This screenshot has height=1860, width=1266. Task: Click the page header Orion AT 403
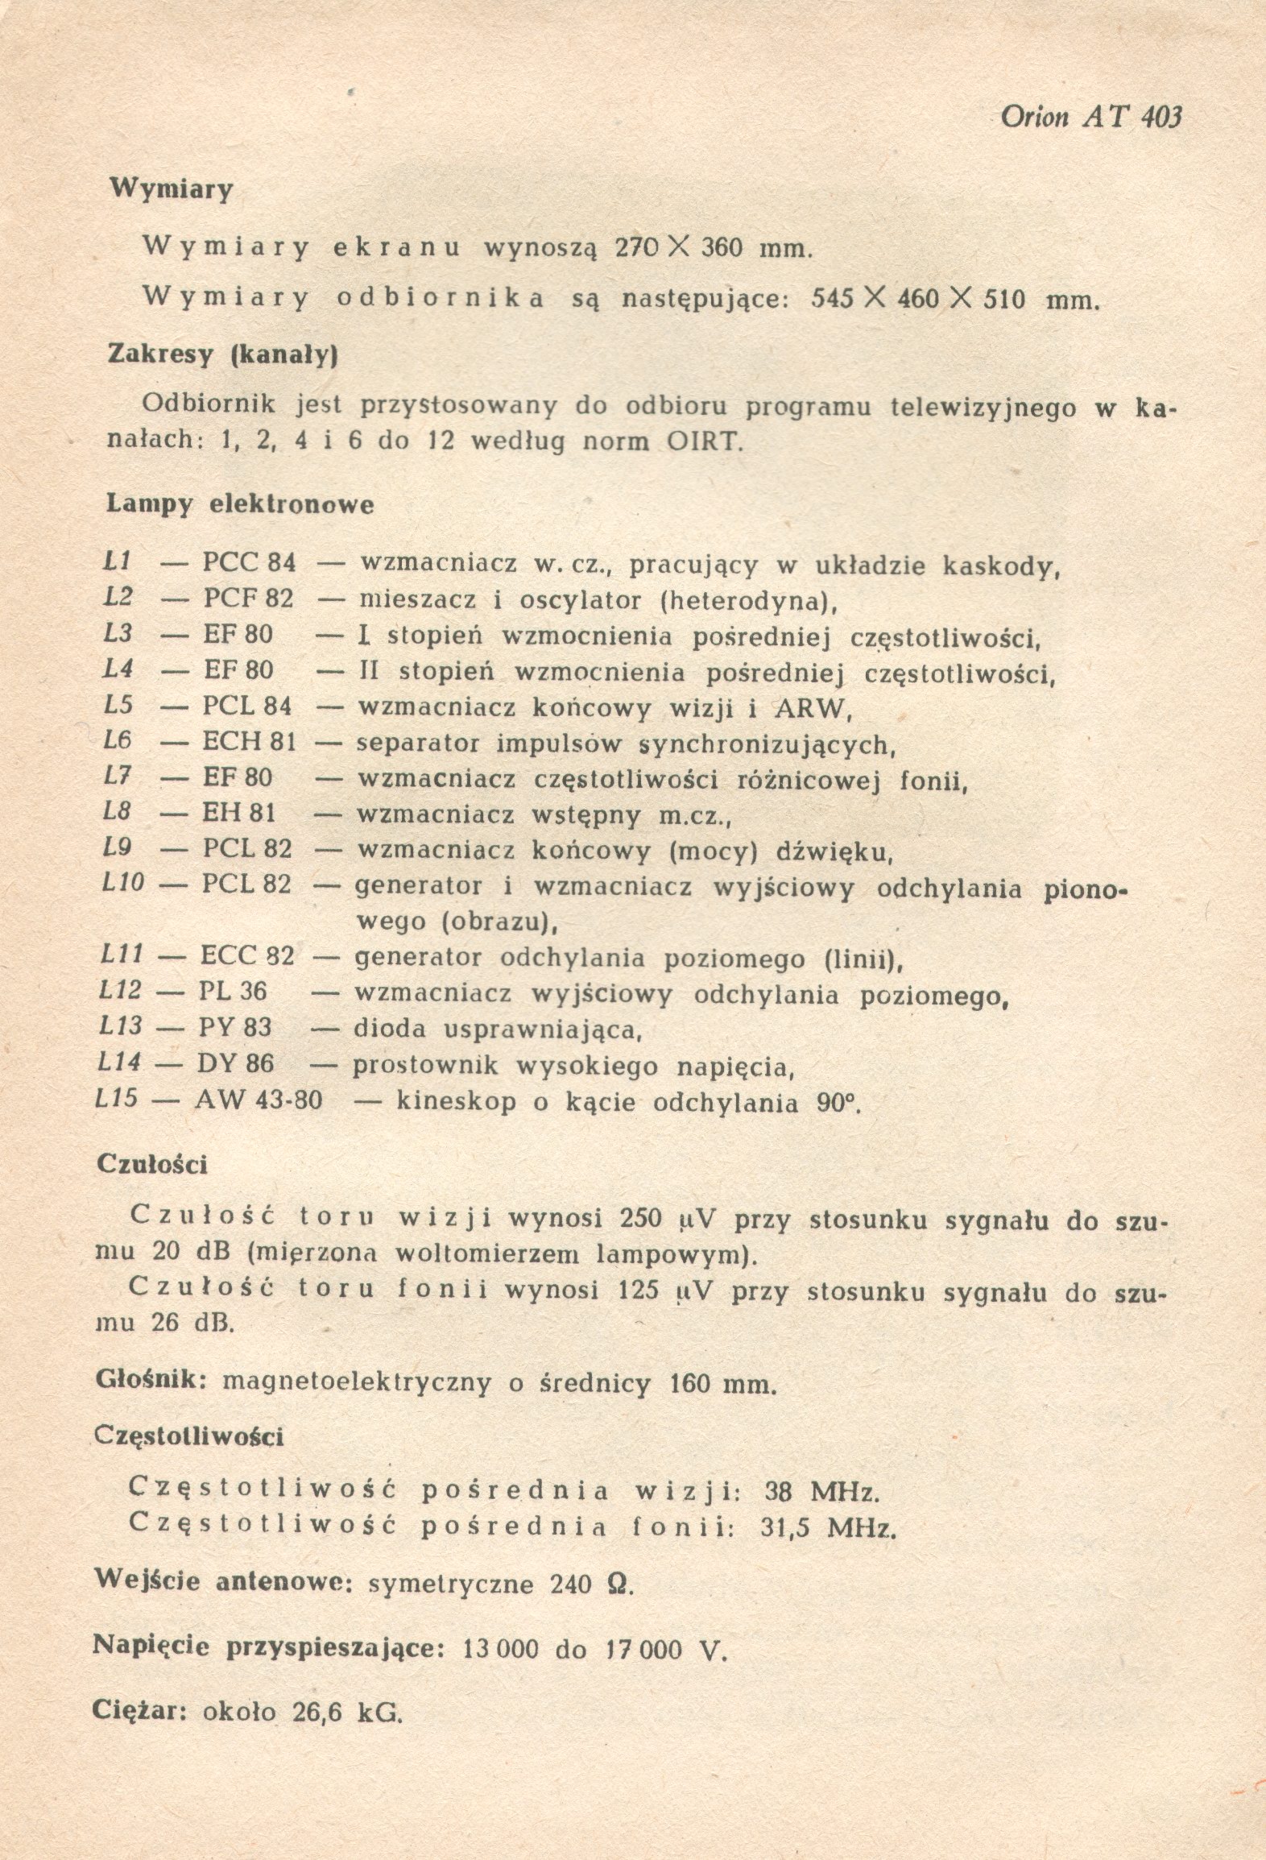(1091, 118)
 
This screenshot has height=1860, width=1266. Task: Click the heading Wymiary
(171, 189)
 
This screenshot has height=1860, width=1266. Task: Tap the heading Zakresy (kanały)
(221, 355)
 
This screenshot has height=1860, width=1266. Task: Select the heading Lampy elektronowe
(240, 505)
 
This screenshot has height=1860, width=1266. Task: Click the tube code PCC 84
(249, 563)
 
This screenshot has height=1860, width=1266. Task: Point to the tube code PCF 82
(248, 599)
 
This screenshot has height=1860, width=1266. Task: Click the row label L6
(118, 740)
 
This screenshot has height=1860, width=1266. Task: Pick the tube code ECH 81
(249, 742)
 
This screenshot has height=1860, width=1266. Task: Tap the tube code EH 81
(238, 814)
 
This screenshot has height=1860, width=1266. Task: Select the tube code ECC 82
(246, 957)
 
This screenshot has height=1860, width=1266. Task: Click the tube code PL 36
(232, 992)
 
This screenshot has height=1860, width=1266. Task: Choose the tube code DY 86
(235, 1064)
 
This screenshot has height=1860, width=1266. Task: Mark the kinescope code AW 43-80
(258, 1100)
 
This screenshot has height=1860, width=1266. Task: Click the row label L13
(118, 1027)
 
